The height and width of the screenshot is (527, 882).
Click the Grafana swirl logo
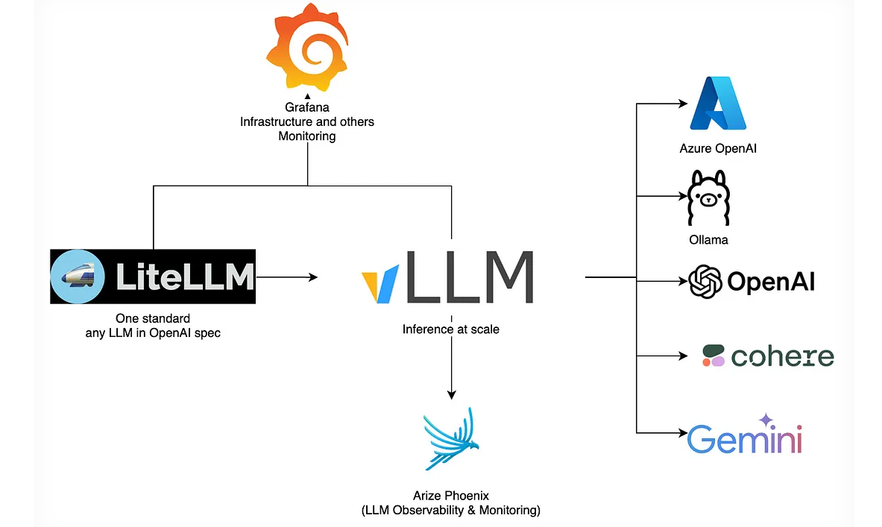(307, 47)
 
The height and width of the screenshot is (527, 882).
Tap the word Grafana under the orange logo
(307, 107)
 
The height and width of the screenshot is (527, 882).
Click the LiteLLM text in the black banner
(185, 277)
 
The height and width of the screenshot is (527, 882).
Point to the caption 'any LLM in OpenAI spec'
(153, 333)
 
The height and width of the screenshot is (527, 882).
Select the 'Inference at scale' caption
(451, 329)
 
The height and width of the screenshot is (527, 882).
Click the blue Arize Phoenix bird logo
(450, 440)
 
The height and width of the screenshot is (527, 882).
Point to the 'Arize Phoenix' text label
(450, 496)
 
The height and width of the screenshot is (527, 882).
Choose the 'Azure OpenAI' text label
(718, 148)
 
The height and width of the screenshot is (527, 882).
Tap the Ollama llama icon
(707, 198)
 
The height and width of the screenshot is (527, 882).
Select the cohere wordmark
(781, 356)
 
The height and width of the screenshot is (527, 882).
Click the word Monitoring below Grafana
(307, 136)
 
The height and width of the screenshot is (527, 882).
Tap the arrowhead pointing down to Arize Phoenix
(451, 394)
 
